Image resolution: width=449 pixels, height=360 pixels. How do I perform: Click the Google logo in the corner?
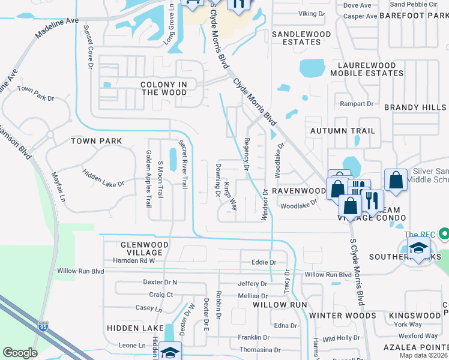(x=20, y=353)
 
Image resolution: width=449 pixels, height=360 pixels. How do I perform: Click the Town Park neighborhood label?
(x=96, y=141)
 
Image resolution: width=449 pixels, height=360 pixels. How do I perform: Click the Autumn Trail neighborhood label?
(x=342, y=130)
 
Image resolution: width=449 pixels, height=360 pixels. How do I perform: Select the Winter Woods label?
(x=334, y=315)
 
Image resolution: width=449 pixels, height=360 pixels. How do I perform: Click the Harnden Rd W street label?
(x=134, y=261)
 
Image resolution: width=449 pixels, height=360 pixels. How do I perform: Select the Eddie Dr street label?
(x=264, y=262)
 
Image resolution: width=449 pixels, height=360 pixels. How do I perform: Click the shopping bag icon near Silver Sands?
(x=396, y=180)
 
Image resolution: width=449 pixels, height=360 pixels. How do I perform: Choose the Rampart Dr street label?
(x=357, y=104)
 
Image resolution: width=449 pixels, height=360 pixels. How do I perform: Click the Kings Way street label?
(x=231, y=197)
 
